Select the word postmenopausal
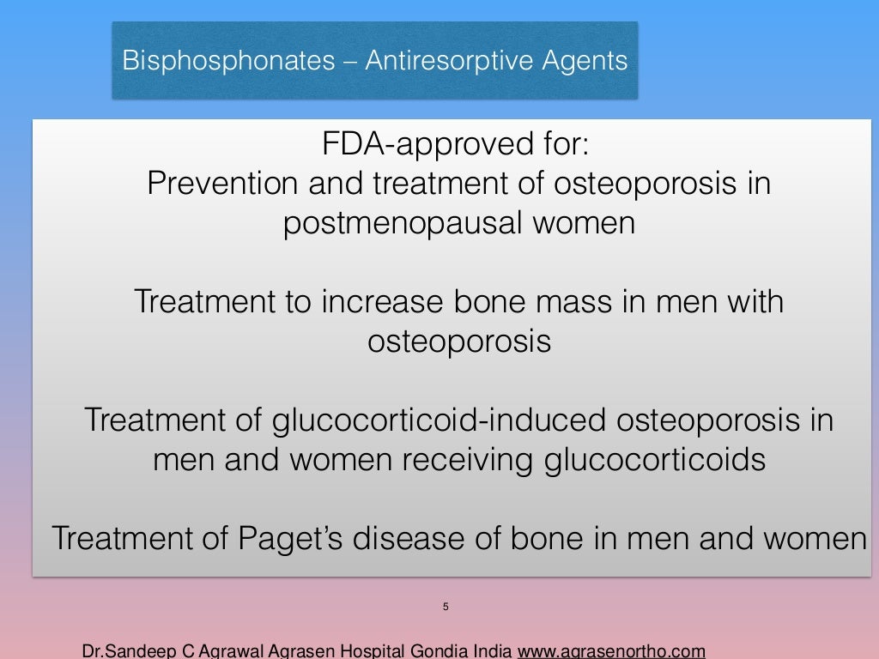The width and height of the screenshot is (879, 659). coord(404,224)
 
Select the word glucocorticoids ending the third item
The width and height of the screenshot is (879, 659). coord(654,460)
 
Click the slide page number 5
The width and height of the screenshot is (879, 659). coord(446,608)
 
